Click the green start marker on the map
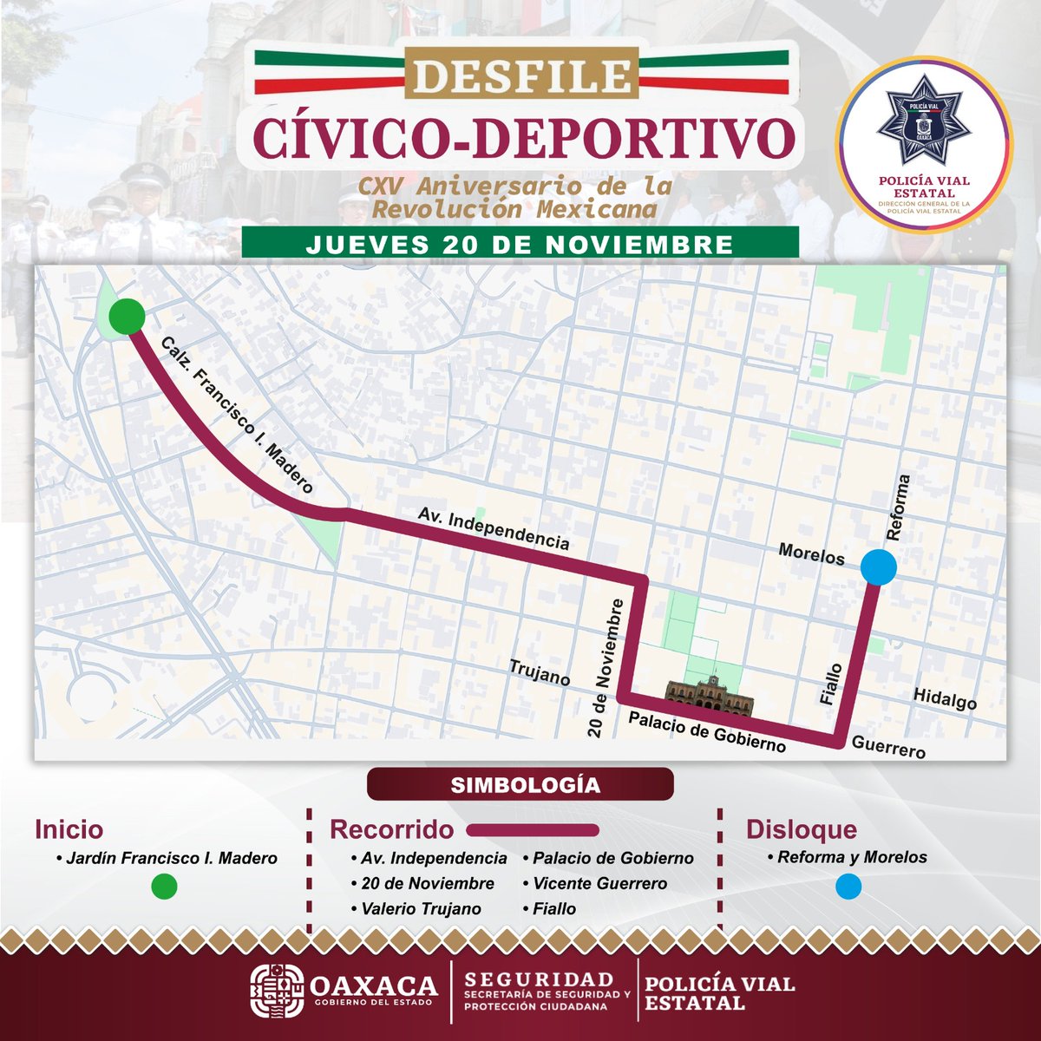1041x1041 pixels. [x=128, y=316]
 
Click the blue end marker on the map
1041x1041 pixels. [x=879, y=567]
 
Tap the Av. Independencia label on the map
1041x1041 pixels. [x=494, y=528]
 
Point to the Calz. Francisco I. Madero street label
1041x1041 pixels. [x=237, y=416]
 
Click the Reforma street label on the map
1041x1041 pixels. [x=899, y=507]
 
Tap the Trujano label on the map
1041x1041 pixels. [x=540, y=672]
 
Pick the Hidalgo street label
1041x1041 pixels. [x=945, y=698]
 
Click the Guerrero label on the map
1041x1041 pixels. [x=888, y=746]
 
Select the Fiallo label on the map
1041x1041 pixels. [x=831, y=684]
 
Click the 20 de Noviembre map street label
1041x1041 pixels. [x=606, y=668]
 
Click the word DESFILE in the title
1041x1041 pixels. [x=521, y=76]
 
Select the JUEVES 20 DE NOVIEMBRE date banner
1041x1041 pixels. [x=520, y=244]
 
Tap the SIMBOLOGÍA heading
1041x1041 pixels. [x=520, y=784]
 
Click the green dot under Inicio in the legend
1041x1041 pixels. [x=163, y=886]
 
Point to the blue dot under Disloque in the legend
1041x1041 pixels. [x=848, y=886]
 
